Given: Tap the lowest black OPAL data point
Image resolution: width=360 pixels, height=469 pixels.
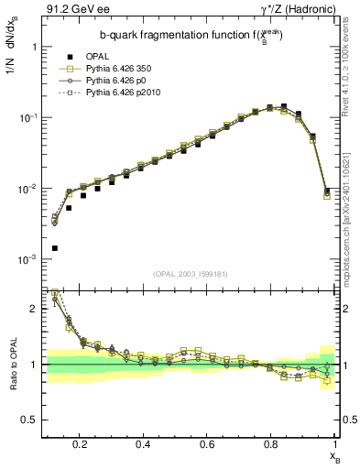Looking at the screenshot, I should click(55, 248).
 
